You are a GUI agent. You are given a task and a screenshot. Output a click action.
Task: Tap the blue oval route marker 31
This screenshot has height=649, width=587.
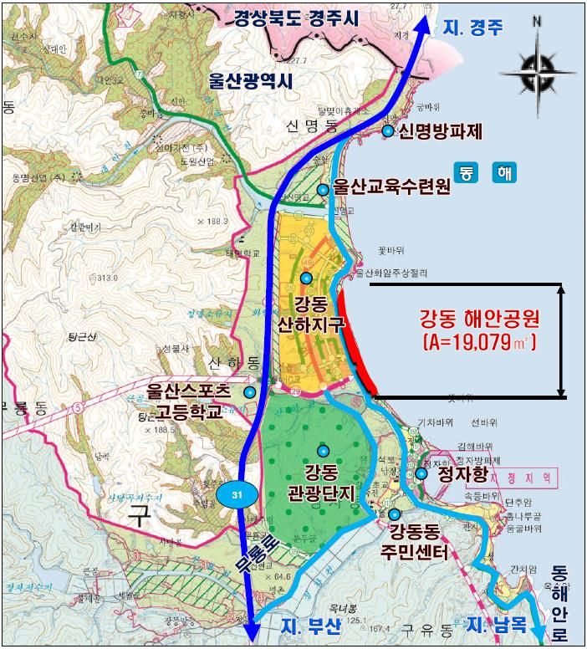click(237, 495)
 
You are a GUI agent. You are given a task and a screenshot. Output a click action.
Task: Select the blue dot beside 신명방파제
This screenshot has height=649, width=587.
click(388, 131)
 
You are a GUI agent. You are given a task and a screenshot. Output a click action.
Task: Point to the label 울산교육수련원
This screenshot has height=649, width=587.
click(391, 187)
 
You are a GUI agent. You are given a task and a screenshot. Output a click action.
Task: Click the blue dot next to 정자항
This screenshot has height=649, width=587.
click(421, 473)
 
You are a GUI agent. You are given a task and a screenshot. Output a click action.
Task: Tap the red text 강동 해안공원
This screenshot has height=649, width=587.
click(479, 319)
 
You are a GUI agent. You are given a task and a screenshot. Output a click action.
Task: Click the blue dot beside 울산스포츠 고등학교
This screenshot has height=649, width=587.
click(249, 391)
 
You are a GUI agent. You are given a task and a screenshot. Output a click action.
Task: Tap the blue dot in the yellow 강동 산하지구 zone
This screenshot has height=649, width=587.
click(307, 278)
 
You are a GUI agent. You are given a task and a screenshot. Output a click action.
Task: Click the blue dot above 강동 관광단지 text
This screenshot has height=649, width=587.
click(323, 451)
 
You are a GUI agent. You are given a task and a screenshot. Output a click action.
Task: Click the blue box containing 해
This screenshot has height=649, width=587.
click(504, 172)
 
